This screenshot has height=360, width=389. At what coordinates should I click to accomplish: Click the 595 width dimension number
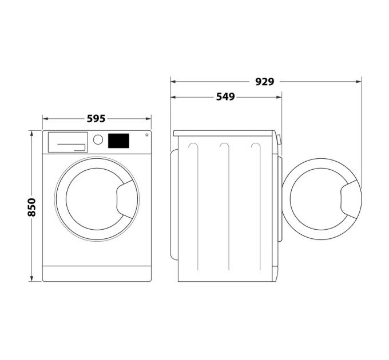click(x=96, y=119)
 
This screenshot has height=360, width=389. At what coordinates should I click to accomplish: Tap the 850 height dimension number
click(x=32, y=206)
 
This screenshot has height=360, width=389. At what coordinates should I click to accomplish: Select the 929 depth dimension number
click(x=264, y=82)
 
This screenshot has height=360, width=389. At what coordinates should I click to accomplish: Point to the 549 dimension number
click(x=225, y=97)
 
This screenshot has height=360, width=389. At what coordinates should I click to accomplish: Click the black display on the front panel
click(x=118, y=140)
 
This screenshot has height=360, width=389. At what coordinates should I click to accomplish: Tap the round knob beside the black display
click(x=98, y=139)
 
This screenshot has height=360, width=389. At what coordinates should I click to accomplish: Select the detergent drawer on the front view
click(x=67, y=142)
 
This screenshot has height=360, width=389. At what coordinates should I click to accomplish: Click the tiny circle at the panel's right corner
click(x=146, y=135)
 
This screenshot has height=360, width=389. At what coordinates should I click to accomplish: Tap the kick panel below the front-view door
click(x=96, y=274)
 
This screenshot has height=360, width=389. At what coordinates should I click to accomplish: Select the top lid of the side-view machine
click(x=225, y=133)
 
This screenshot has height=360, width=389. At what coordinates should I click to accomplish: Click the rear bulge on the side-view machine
click(x=174, y=201)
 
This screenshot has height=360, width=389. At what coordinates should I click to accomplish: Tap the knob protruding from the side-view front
click(x=279, y=139)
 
